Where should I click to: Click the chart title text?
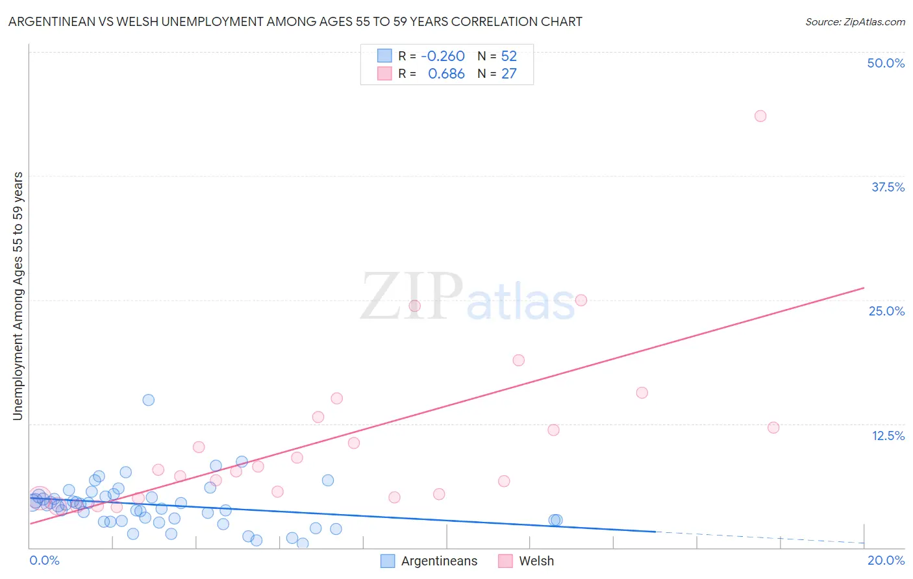[x=295, y=21]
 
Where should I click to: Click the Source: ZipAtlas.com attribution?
[x=855, y=21]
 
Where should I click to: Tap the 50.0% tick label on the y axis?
[x=886, y=63]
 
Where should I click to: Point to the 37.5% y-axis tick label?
[x=888, y=187]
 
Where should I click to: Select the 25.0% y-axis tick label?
[x=886, y=311]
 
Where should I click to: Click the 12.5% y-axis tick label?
[x=888, y=436]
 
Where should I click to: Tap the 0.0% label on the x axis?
[x=44, y=560]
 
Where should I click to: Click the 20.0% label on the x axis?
[x=886, y=560]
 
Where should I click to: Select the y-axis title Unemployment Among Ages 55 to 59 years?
[x=18, y=296]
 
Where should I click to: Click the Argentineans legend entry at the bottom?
[x=439, y=561]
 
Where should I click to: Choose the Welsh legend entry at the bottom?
[x=536, y=561]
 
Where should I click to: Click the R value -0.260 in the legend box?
[x=443, y=56]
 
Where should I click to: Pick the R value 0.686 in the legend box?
[x=446, y=74]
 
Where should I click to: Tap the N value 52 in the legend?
[x=508, y=56]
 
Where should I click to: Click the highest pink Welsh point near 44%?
[x=760, y=116]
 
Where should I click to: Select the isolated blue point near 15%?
[x=149, y=400]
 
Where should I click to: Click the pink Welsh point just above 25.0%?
[x=581, y=300]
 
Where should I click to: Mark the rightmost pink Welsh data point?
[x=773, y=427]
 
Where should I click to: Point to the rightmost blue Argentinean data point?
[x=557, y=520]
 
